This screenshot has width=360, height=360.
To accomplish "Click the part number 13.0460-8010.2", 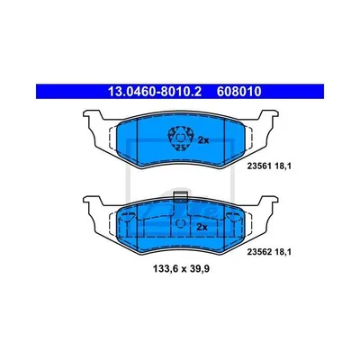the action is (155, 92).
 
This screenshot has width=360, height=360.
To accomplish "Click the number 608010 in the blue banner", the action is (238, 92).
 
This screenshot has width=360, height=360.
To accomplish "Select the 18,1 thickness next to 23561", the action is (283, 166).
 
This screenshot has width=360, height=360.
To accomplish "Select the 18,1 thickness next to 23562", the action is (283, 252).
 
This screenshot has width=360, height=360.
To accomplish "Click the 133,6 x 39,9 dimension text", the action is (181, 269).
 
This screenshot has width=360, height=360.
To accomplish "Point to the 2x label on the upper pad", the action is (203, 140).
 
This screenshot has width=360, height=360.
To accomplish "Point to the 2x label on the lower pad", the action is (202, 227).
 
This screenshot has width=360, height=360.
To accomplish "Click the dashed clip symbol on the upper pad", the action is (180, 139).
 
